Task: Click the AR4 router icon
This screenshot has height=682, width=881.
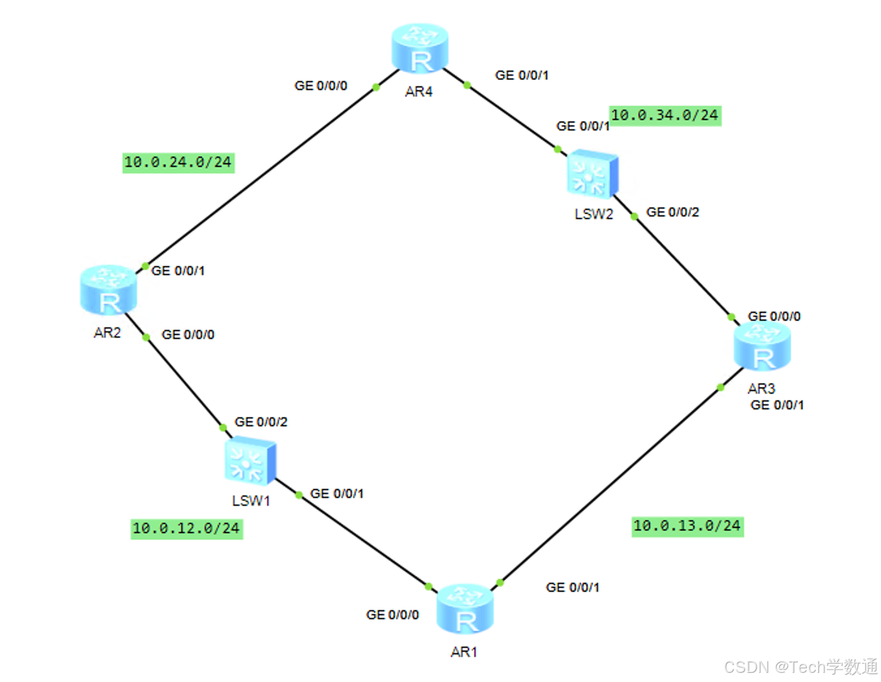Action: (420, 48)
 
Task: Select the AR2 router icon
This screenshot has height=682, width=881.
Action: (108, 290)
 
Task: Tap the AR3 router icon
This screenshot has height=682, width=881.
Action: (762, 346)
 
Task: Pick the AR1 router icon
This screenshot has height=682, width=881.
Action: (465, 609)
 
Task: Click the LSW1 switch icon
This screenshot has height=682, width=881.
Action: (250, 462)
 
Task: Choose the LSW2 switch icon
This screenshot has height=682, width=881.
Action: (592, 175)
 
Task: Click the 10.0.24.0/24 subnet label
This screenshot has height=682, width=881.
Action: (178, 162)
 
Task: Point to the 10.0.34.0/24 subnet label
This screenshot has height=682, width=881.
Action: (665, 115)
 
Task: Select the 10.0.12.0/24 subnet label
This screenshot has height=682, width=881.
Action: (186, 528)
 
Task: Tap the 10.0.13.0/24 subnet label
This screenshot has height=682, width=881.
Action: (687, 526)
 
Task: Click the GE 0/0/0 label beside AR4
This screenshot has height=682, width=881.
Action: (321, 85)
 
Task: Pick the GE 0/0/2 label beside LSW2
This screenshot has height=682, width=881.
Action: (672, 212)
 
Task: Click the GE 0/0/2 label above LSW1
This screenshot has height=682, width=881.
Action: (261, 422)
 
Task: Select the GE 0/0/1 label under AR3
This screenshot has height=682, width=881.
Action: (777, 405)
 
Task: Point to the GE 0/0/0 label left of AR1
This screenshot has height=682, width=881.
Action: (392, 615)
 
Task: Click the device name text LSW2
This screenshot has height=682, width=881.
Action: (594, 214)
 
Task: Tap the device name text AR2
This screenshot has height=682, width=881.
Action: (108, 333)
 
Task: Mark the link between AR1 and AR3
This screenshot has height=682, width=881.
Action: (610, 484)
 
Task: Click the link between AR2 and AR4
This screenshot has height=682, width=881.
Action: (261, 176)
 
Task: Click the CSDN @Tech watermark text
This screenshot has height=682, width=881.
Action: (800, 667)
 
